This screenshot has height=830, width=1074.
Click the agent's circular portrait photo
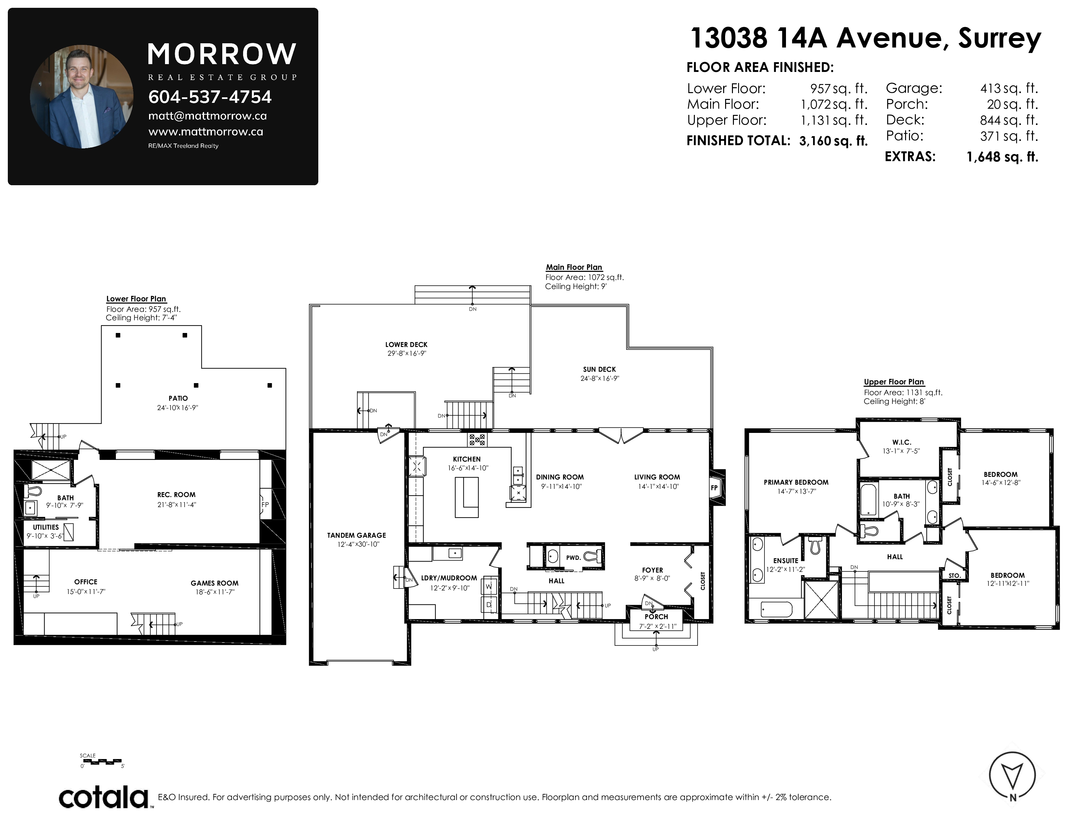click(x=82, y=97)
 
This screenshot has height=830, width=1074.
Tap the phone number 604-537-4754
click(x=210, y=97)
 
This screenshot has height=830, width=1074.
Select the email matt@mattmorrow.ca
click(x=208, y=116)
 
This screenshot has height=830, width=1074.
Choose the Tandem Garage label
click(x=356, y=535)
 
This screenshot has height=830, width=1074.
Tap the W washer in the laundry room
click(x=489, y=587)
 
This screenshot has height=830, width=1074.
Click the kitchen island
click(x=466, y=497)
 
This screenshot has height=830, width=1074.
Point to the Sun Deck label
click(x=599, y=369)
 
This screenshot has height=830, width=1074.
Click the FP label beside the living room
click(x=714, y=488)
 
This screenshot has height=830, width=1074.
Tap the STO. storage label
click(x=955, y=575)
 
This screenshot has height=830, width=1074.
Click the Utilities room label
click(x=46, y=527)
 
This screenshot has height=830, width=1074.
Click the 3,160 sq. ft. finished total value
click(x=833, y=141)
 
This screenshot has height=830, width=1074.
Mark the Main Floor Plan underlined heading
click(x=574, y=268)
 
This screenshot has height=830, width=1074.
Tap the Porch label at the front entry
click(x=656, y=616)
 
